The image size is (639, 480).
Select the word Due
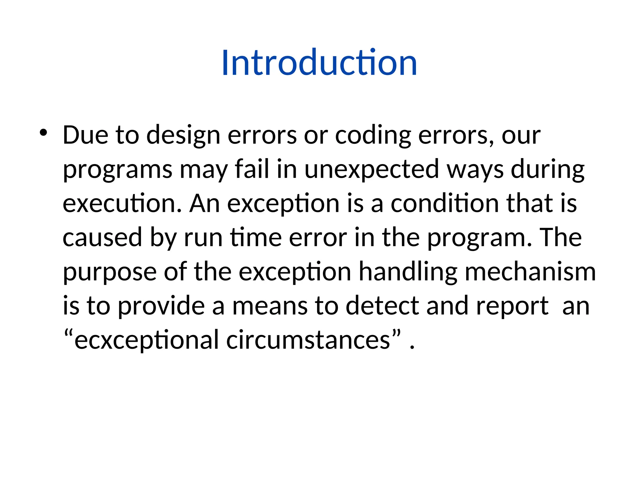[x=85, y=135]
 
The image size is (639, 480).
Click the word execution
[x=122, y=203]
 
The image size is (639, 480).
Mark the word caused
[x=103, y=237]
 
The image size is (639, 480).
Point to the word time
[x=256, y=237]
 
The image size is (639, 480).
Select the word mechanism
[x=530, y=272]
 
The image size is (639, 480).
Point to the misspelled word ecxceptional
[x=146, y=340]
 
